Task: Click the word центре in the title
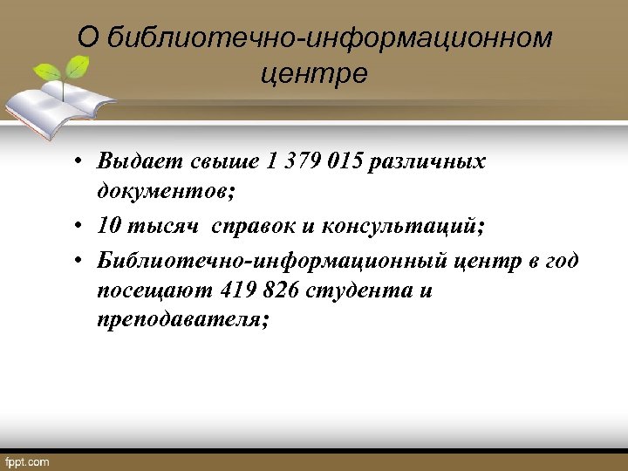314,73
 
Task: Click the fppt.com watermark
27,461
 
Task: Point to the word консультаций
402,226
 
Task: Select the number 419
240,290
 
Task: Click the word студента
363,290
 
